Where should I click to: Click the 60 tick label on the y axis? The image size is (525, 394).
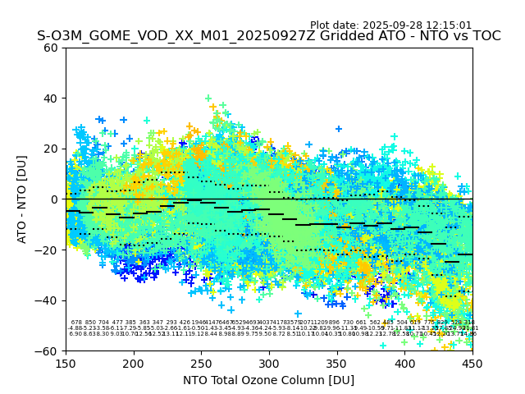coord(50,48)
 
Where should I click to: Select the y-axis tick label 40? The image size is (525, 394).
coord(50,98)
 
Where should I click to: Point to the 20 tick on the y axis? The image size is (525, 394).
coord(50,149)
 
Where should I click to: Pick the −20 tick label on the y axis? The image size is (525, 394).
coord(47,250)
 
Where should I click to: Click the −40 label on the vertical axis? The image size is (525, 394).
coord(47,300)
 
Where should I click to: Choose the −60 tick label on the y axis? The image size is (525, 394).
coord(47,350)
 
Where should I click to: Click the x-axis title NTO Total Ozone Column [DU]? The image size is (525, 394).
coord(269,380)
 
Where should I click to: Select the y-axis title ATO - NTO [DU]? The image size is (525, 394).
coord(23,199)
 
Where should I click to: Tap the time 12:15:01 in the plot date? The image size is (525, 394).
coord(447,25)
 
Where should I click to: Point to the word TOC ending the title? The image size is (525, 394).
coord(486,36)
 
